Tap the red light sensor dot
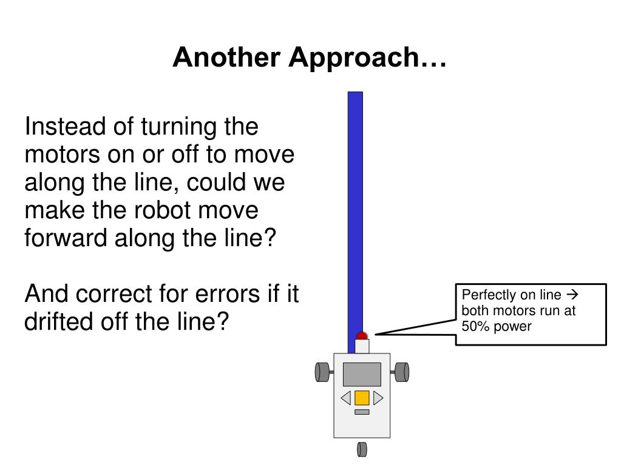362,336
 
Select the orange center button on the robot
362,398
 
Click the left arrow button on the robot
346,398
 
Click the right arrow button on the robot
378,398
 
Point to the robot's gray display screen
362,374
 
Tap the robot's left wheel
322,372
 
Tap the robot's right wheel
402,372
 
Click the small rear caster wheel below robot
362,449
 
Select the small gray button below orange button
362,412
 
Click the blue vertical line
355,212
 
